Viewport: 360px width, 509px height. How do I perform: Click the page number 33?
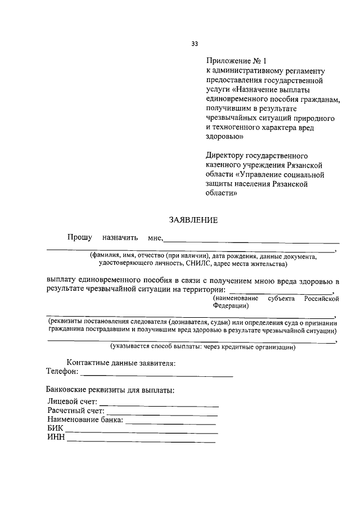pos(195,43)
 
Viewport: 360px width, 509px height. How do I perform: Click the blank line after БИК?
pos(140,433)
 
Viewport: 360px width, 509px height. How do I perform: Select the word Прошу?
pos(80,238)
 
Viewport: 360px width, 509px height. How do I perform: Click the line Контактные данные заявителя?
pos(121,363)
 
